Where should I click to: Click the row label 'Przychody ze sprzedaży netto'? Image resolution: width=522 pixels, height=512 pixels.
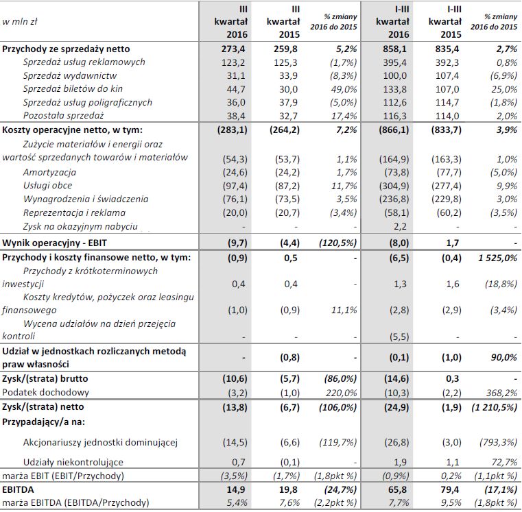pos(66,49)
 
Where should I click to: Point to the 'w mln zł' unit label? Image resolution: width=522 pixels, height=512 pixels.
pos(21,21)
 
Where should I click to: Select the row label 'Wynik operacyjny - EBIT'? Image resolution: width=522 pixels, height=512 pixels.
pos(56,243)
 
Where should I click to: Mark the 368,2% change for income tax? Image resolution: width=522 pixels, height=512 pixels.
pos(502,391)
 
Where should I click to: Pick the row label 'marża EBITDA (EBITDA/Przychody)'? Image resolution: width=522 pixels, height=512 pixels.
pos(76,504)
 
